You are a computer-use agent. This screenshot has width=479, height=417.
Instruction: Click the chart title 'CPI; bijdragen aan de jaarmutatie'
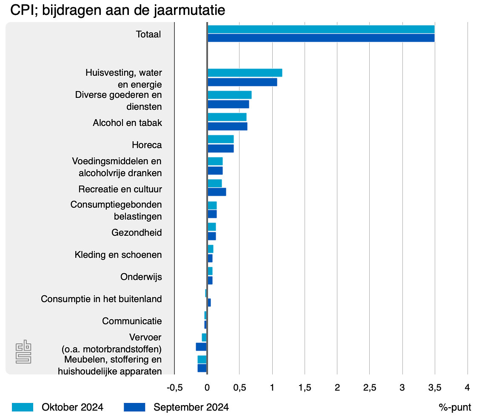(x=117, y=11)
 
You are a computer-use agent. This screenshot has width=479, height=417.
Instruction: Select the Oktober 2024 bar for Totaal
(x=321, y=29)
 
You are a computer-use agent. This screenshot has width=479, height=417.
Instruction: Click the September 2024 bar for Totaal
(x=321, y=38)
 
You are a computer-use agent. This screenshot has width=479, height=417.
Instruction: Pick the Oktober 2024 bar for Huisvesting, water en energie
(x=245, y=73)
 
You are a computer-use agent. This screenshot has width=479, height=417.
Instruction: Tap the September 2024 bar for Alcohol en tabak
(x=227, y=126)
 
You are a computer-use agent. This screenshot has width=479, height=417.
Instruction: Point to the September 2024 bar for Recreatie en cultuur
(x=217, y=192)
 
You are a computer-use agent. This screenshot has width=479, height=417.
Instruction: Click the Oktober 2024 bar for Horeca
(x=220, y=139)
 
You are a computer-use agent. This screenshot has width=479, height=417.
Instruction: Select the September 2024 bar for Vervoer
(x=201, y=347)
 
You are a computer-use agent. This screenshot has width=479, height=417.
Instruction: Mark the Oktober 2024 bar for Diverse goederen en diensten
(x=229, y=95)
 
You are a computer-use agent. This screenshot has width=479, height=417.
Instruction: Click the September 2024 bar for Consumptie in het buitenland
(x=209, y=303)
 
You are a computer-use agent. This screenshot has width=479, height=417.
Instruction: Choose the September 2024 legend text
(x=191, y=407)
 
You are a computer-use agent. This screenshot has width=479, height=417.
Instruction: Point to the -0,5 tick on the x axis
(x=174, y=388)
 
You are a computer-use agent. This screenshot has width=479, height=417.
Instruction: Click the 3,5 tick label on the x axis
(x=434, y=388)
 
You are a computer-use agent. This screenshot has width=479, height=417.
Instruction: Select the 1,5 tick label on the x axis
(x=305, y=388)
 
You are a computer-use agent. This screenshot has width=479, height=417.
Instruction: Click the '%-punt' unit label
(x=455, y=407)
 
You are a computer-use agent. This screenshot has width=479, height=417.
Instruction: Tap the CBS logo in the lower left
(x=23, y=352)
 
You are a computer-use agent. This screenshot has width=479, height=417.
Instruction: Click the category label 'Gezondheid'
(x=137, y=233)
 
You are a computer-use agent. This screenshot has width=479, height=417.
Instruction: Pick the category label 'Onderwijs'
(x=141, y=277)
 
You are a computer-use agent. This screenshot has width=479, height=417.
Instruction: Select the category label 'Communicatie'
(x=132, y=321)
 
